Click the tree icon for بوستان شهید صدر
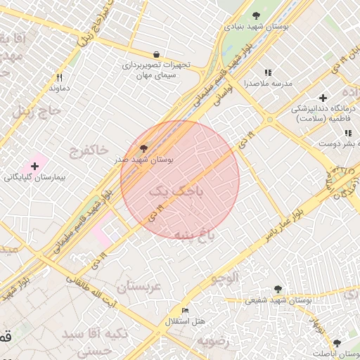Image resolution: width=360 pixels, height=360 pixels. tap(144, 148)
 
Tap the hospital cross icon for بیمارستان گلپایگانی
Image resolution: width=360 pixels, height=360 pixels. tap(34, 166)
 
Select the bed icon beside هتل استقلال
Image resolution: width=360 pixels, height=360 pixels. tap(185, 310)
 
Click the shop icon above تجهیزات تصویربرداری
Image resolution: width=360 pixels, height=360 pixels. tap(156, 54)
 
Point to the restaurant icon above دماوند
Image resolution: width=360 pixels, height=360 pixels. tap(60, 77)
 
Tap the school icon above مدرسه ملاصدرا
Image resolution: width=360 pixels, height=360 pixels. tap(267, 72)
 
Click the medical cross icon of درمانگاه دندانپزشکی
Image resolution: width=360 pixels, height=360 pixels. tap(323, 98)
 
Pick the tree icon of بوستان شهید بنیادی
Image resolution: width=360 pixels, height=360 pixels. tap(255, 15)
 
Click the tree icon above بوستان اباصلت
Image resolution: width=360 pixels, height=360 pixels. tap(337, 343)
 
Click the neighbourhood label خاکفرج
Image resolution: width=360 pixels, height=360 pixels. tap(89, 150)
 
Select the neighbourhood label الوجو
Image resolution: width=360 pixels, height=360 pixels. tap(224, 277)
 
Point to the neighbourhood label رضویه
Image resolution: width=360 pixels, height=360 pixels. tap(214, 342)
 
